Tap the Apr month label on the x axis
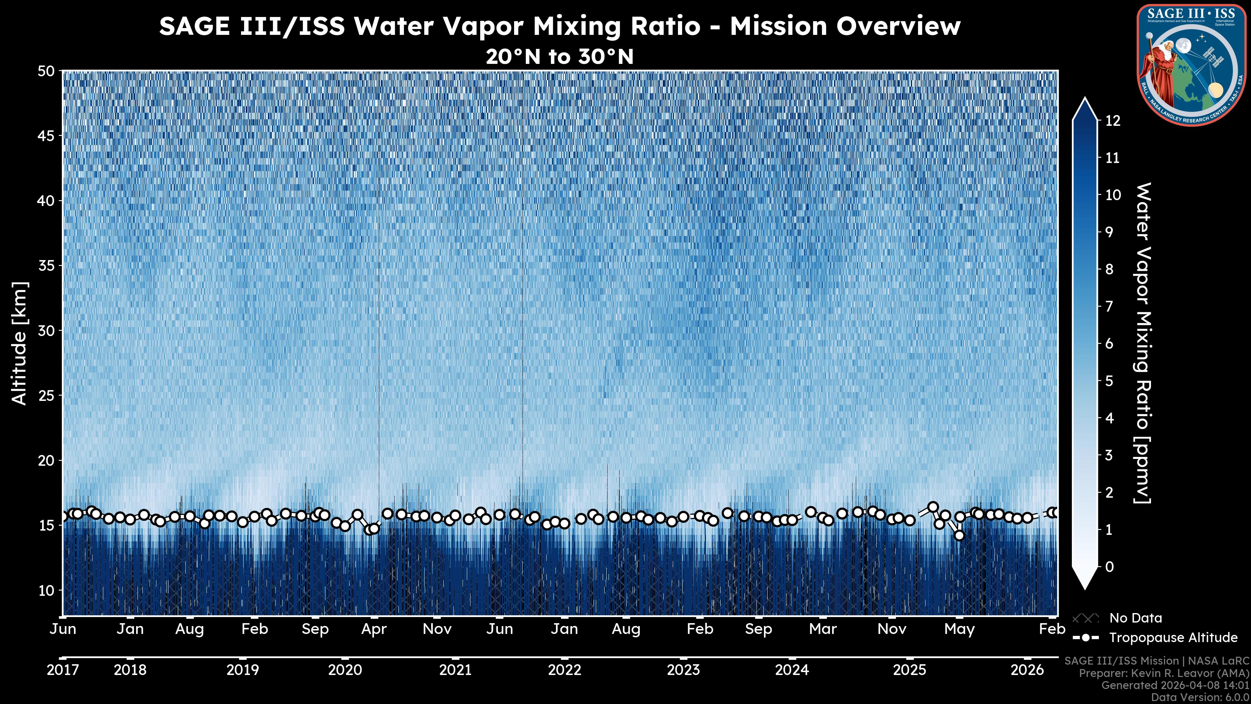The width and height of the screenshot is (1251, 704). tap(374, 629)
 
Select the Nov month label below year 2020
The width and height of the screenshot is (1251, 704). tap(437, 629)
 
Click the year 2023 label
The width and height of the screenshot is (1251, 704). tap(683, 670)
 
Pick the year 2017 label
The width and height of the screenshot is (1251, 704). tap(63, 670)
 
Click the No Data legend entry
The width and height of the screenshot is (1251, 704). tap(1135, 618)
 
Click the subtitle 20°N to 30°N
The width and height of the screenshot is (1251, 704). tap(559, 57)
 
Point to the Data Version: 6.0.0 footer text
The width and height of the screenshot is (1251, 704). tap(1201, 697)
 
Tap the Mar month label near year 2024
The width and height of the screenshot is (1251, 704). tap(823, 629)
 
